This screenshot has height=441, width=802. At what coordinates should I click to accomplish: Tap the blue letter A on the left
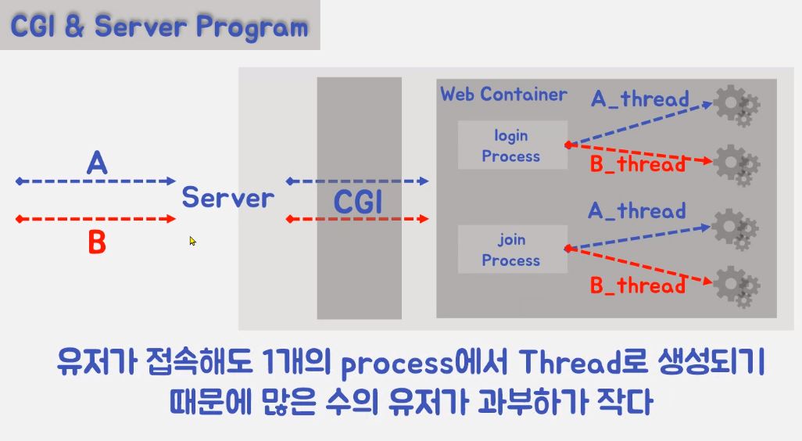pos(96,163)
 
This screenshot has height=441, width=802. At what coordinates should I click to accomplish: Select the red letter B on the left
pos(96,243)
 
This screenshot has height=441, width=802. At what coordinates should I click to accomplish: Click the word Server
pos(227,197)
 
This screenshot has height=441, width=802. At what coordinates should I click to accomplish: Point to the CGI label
pos(359,203)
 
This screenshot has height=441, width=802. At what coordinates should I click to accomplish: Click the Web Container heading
pos(503,95)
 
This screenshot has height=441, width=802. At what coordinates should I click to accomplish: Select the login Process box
pos(511,145)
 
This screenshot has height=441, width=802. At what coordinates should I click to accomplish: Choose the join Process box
pos(511,249)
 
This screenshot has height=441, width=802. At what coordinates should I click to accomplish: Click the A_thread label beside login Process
pos(639,99)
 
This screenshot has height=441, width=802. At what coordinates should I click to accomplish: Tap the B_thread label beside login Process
pos(637,164)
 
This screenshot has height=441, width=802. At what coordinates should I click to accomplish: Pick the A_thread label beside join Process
pos(636,210)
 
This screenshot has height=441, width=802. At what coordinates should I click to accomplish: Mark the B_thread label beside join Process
pos(637,285)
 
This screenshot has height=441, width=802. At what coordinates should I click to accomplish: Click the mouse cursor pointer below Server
pos(192,241)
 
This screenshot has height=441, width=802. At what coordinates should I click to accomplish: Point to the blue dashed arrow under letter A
pos(95,181)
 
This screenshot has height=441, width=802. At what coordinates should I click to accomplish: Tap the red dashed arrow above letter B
pos(95,219)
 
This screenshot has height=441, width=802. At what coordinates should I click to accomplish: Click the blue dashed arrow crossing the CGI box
pos(358,181)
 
